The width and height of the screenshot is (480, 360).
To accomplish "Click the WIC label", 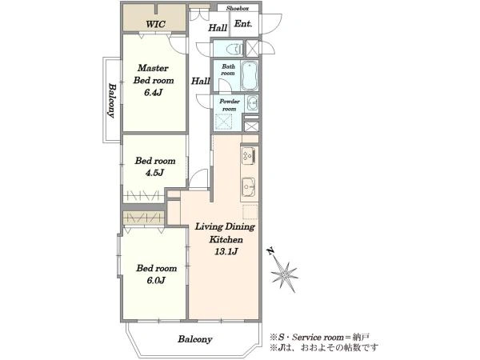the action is [x=155, y=24].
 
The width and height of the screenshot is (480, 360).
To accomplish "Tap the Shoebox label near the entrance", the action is [x=238, y=8].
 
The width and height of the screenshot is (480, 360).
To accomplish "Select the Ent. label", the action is [x=243, y=24].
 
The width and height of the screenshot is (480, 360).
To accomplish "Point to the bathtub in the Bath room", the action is [x=250, y=76].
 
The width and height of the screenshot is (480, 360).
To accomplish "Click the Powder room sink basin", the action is [x=252, y=103].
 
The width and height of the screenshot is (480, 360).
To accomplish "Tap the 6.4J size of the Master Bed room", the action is [x=153, y=93].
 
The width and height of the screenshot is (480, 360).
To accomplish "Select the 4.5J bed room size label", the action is [x=154, y=173].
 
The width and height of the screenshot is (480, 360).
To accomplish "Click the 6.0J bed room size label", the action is [x=156, y=280].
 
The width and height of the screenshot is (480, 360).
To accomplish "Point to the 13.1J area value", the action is [x=226, y=252].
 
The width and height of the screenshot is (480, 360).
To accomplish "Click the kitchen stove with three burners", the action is [x=248, y=155].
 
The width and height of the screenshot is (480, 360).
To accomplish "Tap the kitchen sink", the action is [x=248, y=187].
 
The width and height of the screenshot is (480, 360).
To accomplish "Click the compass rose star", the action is [x=285, y=274].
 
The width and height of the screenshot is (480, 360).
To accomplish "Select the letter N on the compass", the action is [x=270, y=252].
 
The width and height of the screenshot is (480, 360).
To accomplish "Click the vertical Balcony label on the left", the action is [x=112, y=101].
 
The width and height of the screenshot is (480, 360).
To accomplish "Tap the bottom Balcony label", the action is [x=195, y=339].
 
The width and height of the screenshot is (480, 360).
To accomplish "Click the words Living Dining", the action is [x=225, y=227].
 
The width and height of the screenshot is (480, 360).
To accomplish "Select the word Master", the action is [x=153, y=68].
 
